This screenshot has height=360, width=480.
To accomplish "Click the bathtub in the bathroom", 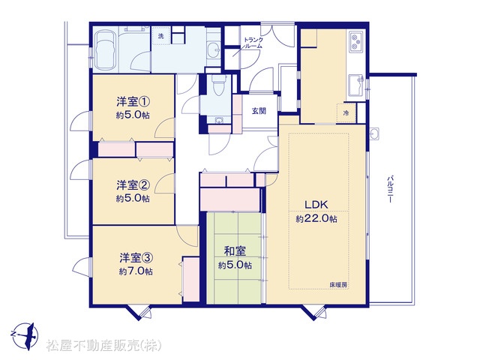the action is (106, 50).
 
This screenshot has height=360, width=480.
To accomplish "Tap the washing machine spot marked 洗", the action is (160, 36).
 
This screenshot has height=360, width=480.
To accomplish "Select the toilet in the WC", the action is (218, 85).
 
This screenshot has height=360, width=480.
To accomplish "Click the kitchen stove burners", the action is (355, 42).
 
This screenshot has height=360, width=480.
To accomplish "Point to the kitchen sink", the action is (356, 84).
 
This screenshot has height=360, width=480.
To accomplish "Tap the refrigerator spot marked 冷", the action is (346, 113).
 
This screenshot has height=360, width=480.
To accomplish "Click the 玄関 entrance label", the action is (259, 111).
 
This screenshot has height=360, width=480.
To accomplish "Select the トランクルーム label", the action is (253, 43).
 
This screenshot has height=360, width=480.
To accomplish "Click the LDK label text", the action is (316, 205).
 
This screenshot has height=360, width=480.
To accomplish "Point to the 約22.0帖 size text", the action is (316, 219).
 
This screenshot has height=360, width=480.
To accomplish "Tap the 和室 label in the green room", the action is (235, 251).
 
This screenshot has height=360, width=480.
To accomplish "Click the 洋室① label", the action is (133, 101).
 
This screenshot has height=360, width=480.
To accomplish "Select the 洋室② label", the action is (133, 185).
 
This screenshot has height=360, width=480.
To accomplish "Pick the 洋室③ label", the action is (136, 258).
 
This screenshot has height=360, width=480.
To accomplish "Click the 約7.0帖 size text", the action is (136, 271).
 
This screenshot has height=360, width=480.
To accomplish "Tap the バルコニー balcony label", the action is (390, 189).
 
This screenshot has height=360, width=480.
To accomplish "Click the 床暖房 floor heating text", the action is (338, 284).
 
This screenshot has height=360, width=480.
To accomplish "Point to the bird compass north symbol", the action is (25, 336).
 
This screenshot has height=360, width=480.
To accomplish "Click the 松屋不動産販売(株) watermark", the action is (103, 346).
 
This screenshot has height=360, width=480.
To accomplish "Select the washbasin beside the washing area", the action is (213, 49).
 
